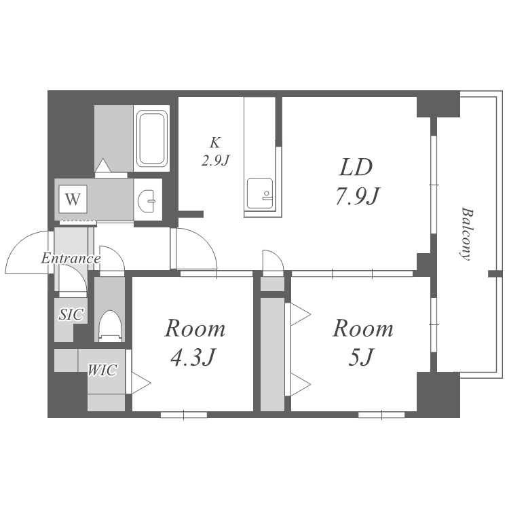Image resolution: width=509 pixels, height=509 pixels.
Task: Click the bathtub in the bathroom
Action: click(151, 138)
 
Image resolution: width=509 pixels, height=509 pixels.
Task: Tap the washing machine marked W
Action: click(73, 199)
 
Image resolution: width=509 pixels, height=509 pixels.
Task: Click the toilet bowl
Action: click(110, 325)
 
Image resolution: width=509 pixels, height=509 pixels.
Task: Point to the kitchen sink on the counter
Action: click(260, 193)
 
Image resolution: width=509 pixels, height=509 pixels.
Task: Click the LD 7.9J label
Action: click(357, 182)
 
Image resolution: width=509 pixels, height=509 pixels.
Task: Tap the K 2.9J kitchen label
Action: click(216, 151)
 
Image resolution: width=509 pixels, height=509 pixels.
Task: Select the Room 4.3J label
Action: click(195, 343)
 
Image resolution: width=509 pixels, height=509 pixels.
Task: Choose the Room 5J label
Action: click(362, 343)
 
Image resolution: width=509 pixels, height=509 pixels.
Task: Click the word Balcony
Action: click(467, 234)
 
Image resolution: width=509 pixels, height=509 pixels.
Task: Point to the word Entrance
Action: click(71, 259)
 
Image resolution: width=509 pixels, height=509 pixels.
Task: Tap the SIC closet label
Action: click(71, 314)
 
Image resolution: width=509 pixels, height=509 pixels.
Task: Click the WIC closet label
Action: click(102, 370)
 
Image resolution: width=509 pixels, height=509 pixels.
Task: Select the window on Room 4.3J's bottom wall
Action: click(184, 415)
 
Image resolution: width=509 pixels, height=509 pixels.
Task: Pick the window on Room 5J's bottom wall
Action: click(381, 415)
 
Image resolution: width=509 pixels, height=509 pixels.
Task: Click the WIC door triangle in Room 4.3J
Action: click(141, 383)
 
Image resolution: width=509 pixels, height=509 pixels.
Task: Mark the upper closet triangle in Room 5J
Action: click(301, 314)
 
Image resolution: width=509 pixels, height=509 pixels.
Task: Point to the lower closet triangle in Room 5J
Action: click(301, 385)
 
